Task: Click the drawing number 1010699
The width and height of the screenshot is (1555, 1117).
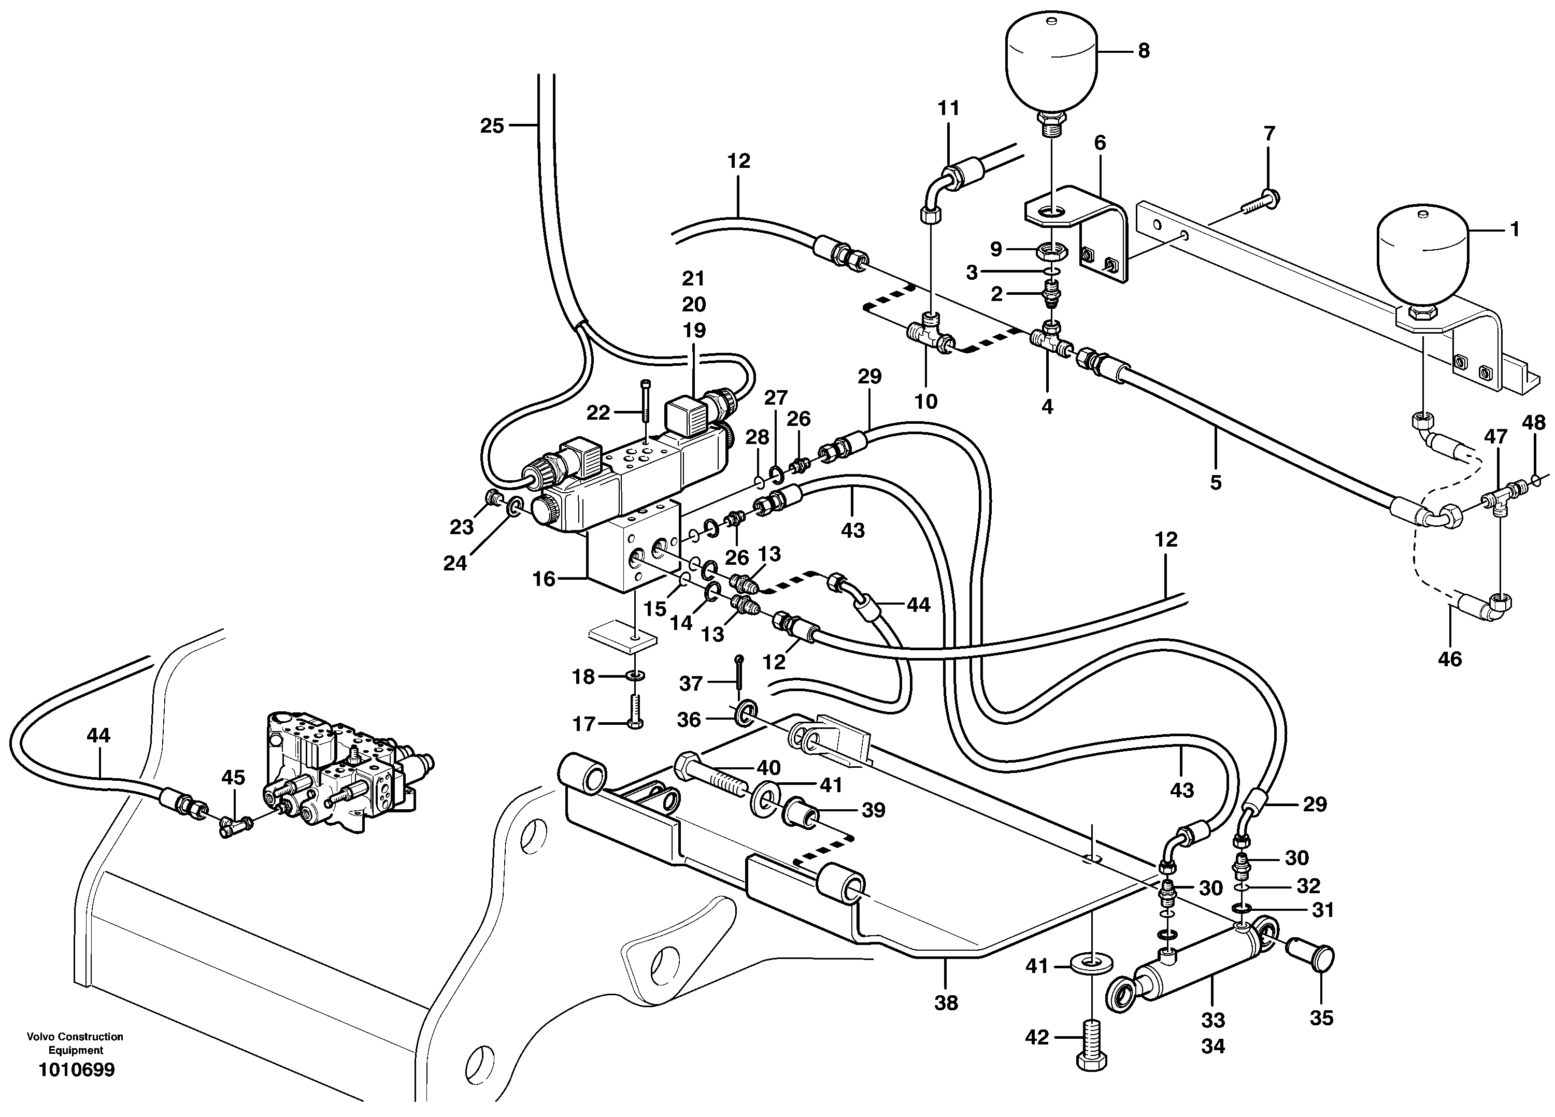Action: (77, 1070)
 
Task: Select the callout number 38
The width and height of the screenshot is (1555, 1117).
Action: (946, 1003)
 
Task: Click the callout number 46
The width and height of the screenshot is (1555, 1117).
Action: (1449, 659)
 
